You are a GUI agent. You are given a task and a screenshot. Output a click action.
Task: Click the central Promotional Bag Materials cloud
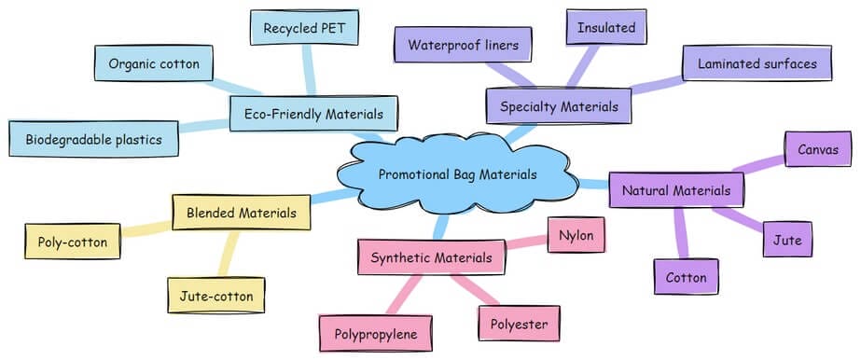tap(459, 174)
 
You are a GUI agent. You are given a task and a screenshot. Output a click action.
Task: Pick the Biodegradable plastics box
tap(94, 140)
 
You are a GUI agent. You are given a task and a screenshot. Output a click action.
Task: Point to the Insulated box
tap(606, 27)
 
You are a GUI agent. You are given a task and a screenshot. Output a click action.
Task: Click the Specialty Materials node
tap(559, 106)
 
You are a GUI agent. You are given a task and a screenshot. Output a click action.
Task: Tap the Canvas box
tap(818, 148)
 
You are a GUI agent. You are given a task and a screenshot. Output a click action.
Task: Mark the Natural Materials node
tap(676, 190)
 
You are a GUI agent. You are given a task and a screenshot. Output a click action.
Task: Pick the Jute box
tap(787, 240)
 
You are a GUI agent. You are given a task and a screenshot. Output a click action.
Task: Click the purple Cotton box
tap(686, 277)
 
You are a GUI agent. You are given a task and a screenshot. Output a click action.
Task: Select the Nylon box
tap(576, 233)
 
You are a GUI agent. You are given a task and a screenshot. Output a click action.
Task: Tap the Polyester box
tap(519, 324)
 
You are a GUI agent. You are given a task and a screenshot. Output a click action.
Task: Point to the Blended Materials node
tap(241, 212)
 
